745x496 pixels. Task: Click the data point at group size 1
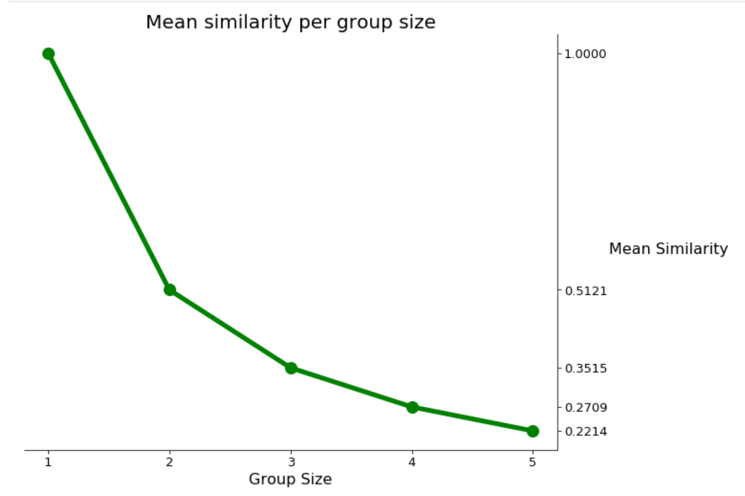coord(48,54)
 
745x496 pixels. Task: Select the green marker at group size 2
coord(170,290)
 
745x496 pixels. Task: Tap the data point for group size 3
coord(291,368)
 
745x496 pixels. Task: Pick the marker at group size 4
coord(412,407)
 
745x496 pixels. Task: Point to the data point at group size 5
coord(533,431)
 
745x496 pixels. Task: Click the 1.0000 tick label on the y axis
coord(585,54)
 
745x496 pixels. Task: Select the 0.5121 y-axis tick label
coord(586,291)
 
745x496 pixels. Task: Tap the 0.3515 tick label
coord(586,368)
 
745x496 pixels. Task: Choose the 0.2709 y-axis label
coord(586,408)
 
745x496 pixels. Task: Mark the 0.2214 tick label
coord(586,431)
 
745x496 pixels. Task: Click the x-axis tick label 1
coord(48,462)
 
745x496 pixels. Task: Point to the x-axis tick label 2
coord(170,462)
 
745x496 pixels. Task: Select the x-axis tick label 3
coord(291,462)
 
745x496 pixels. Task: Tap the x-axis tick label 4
coord(412,462)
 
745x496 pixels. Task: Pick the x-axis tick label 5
coord(533,462)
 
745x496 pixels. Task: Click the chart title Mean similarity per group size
coord(291,23)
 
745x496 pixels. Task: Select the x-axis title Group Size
coord(290,479)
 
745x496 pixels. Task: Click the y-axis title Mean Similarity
coord(668,249)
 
